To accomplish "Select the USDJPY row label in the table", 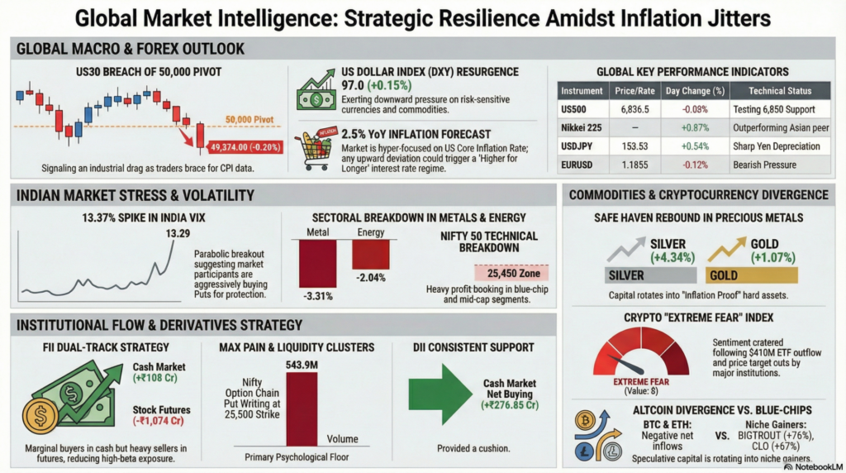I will point(574,146).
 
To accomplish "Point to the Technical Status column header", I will point(768,91).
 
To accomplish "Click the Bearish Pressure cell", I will point(764,165).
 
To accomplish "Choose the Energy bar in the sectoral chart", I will point(370,255).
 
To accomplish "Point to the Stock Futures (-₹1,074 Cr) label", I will point(162,413).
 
